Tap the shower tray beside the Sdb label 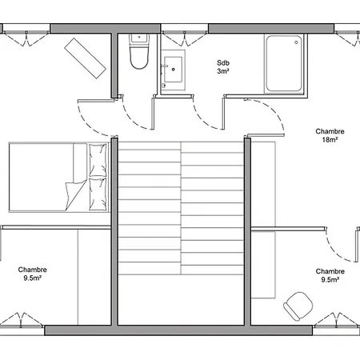coord(285,63)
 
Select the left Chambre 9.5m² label coord(32,274)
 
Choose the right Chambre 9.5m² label coord(330,275)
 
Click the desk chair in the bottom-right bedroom coord(298,305)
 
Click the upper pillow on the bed coord(98,160)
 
